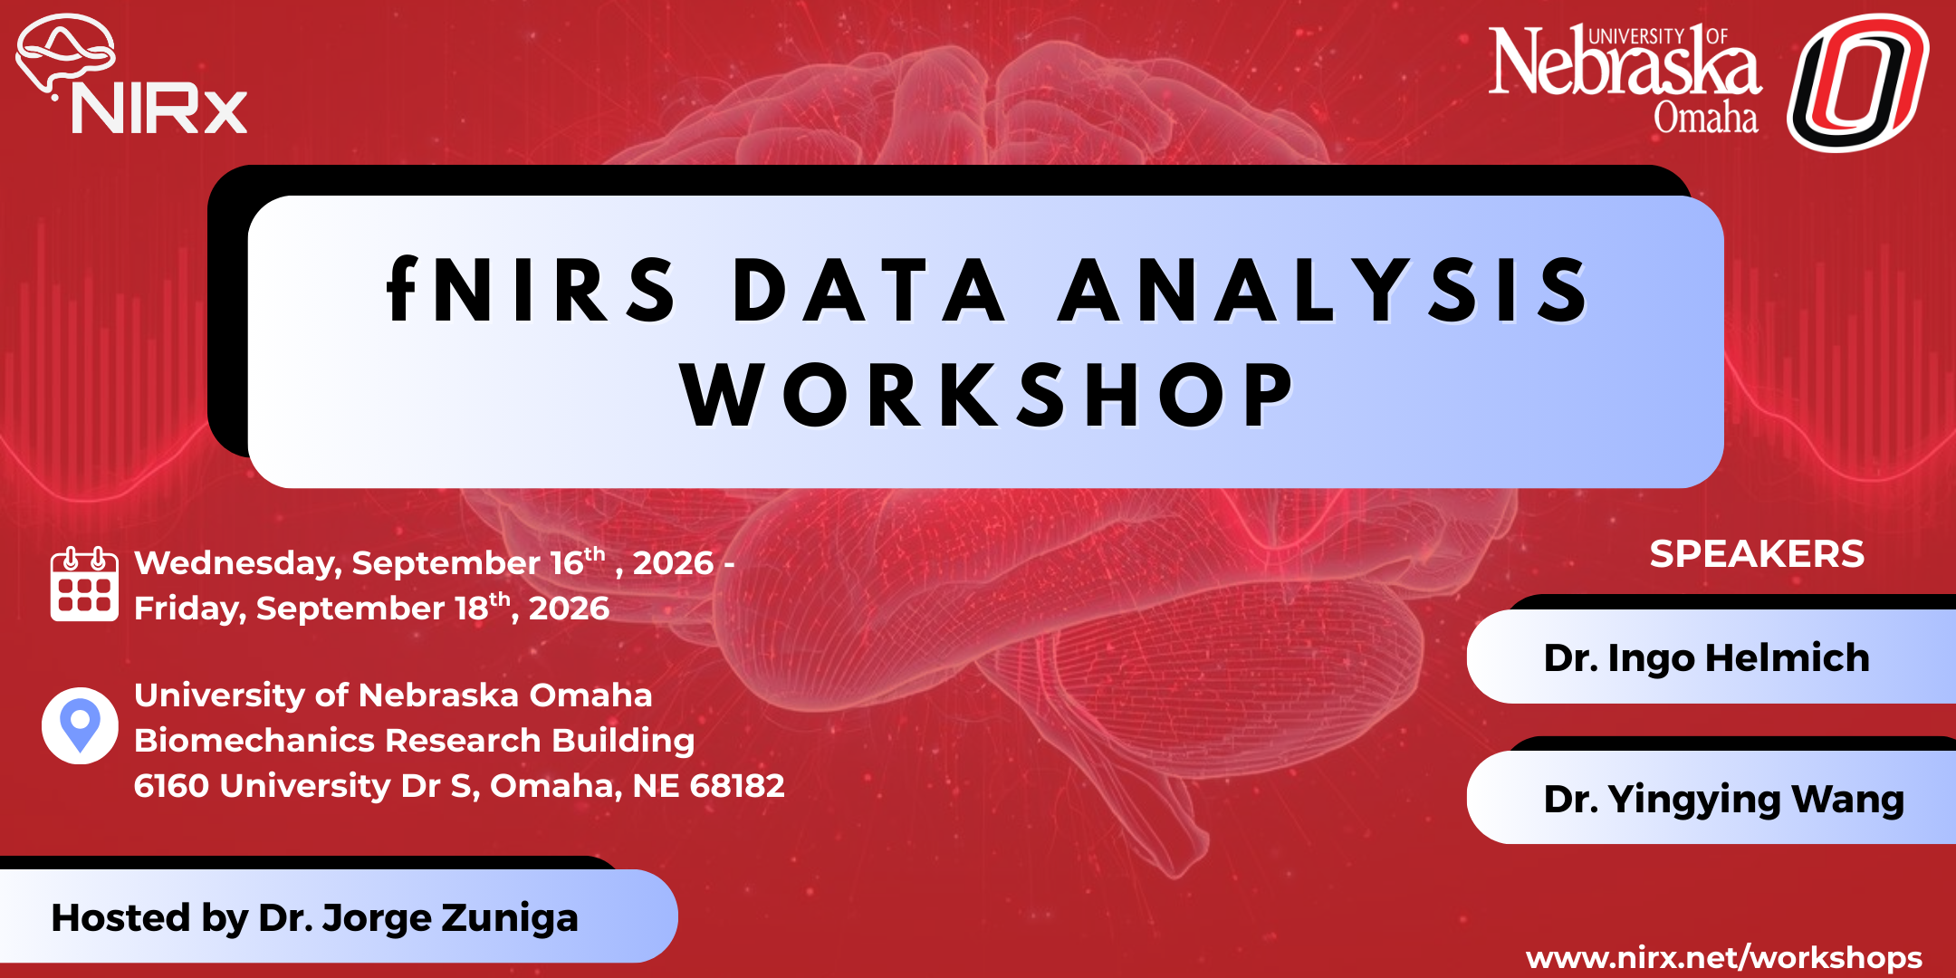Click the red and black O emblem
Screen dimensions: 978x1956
(x=1857, y=82)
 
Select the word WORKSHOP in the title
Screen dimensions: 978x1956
(x=988, y=396)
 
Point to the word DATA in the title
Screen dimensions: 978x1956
(x=868, y=291)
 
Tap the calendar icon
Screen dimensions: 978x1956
(x=84, y=585)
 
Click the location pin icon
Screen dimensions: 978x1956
(x=80, y=725)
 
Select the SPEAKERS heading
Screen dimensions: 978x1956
(x=1757, y=554)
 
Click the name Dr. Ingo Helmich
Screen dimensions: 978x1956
(x=1706, y=658)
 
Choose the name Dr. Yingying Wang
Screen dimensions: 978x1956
(x=1723, y=800)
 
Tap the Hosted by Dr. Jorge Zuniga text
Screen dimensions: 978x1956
(x=314, y=918)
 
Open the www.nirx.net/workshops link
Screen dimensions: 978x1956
(x=1723, y=958)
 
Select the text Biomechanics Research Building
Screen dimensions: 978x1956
(x=414, y=741)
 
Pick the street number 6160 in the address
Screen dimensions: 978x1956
(x=171, y=786)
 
